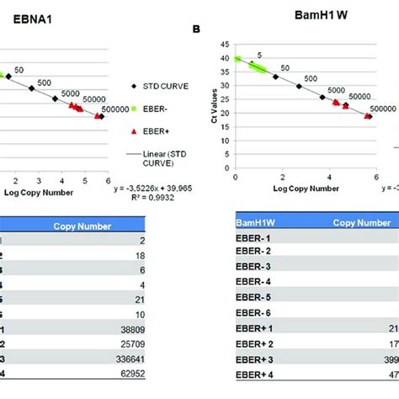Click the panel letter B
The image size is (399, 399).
(x=196, y=28)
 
